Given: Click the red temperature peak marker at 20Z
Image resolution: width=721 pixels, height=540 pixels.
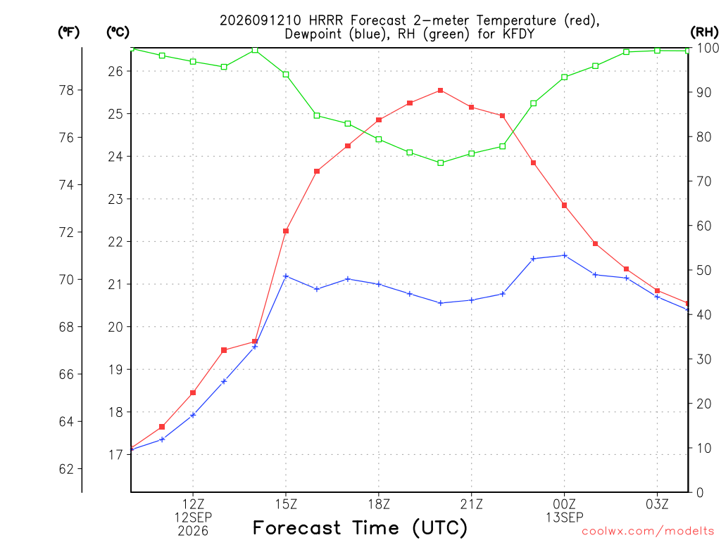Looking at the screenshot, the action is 441,91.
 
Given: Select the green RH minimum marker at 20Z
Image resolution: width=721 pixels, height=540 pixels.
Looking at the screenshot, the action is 441,162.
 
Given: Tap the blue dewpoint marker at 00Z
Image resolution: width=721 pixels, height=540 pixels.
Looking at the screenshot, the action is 565,255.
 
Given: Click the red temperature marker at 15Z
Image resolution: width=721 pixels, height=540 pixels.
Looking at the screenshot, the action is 286,231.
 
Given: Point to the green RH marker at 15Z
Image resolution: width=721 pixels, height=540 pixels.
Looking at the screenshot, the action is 286,75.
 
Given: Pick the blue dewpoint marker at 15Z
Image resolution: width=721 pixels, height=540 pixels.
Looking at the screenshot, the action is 286,276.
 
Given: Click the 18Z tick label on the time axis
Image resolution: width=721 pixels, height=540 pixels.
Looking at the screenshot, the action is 378,504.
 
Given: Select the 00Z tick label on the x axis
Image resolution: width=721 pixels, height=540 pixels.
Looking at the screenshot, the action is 565,504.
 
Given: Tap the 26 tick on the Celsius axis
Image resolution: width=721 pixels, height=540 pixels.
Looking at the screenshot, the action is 115,71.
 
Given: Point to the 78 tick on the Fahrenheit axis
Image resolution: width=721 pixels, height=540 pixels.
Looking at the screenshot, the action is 67,91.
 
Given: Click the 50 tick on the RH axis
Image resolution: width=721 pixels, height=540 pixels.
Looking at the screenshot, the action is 703,270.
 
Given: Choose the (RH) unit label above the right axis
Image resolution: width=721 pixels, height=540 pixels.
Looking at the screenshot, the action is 704,32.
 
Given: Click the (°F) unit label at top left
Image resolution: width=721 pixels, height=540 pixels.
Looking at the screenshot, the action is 68,32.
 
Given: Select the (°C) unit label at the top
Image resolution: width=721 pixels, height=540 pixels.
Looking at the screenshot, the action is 118,32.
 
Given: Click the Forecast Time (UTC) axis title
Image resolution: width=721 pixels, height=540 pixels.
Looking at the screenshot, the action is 360,527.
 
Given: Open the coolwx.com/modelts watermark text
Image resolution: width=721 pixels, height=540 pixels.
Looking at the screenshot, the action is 648,532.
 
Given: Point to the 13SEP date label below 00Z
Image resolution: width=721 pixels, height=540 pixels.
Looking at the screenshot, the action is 565,517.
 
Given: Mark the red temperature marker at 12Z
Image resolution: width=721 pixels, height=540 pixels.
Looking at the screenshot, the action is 193,392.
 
